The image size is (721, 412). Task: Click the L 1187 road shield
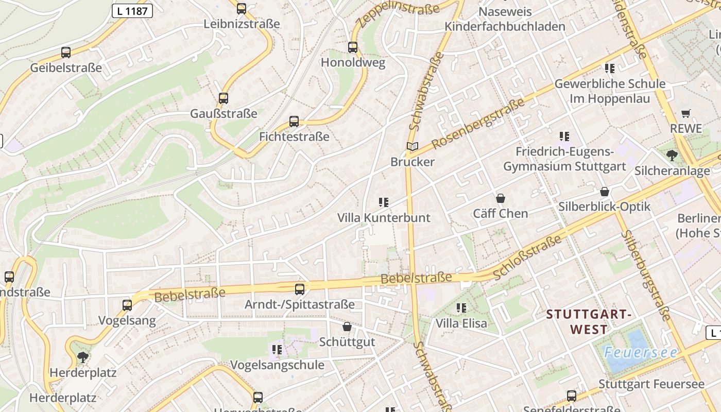[x=132, y=11]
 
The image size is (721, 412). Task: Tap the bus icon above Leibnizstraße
[x=241, y=9]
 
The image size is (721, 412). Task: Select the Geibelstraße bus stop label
[x=66, y=68]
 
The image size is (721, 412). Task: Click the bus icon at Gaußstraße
[x=223, y=98]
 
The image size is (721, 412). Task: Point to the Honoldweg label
[x=353, y=63]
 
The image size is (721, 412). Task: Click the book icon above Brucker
[x=413, y=147]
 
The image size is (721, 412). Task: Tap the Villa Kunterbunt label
[x=384, y=218]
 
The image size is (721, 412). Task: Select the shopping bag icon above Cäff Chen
[x=500, y=198]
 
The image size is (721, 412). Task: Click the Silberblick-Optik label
[x=605, y=207]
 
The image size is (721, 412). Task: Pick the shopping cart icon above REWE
[x=685, y=113]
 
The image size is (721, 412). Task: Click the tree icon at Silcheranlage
[x=672, y=155]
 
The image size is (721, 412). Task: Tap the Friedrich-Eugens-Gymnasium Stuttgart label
[x=564, y=159]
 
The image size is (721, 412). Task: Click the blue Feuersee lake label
[x=641, y=353]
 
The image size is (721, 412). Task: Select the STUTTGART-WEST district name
[x=589, y=321]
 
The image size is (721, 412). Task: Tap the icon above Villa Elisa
[x=461, y=308]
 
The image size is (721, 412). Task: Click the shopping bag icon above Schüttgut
[x=347, y=327]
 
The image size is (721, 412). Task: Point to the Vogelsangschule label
[x=277, y=365]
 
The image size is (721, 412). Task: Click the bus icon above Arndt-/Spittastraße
[x=300, y=289]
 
